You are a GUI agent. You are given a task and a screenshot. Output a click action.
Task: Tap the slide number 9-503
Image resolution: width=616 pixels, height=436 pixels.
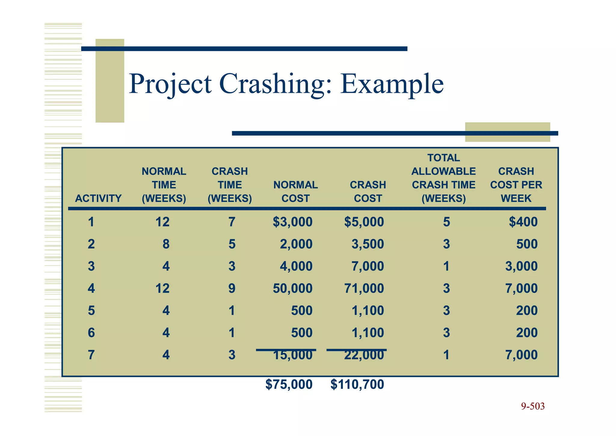(x=533, y=406)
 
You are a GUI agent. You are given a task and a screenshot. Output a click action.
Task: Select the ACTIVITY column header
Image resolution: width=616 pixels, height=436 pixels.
(x=98, y=198)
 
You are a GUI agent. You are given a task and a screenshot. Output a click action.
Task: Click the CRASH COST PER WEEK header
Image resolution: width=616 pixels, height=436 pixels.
(x=516, y=185)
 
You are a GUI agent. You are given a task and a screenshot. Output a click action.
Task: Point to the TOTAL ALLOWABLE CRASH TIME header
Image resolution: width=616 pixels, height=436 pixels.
(x=444, y=178)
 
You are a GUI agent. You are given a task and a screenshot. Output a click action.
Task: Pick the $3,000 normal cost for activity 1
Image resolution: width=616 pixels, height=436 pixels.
(x=293, y=222)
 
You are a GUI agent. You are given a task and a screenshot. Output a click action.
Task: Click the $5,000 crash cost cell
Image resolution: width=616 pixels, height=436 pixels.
(x=364, y=222)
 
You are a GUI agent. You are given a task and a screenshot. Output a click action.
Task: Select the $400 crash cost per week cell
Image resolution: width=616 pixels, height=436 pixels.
(x=523, y=222)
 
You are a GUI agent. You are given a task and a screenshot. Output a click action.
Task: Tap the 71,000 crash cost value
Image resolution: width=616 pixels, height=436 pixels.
(x=364, y=288)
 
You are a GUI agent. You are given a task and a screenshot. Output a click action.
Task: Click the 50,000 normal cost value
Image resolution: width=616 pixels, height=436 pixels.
(x=293, y=288)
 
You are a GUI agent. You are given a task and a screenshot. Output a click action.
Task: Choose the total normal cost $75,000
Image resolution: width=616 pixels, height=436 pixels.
(x=289, y=384)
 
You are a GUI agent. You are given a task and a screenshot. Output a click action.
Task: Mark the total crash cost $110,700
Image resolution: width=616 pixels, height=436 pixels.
(x=357, y=384)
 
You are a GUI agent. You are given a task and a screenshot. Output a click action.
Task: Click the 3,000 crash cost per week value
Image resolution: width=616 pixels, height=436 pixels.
(x=521, y=266)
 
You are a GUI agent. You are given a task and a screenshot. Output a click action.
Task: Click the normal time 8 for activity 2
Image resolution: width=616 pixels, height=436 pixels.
(x=166, y=244)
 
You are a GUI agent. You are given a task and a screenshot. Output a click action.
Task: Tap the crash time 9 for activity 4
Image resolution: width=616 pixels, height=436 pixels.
(x=232, y=288)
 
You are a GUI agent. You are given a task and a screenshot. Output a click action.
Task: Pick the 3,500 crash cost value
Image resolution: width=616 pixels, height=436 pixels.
(x=368, y=244)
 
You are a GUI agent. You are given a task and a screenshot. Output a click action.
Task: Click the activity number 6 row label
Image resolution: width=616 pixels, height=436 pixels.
(x=91, y=333)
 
